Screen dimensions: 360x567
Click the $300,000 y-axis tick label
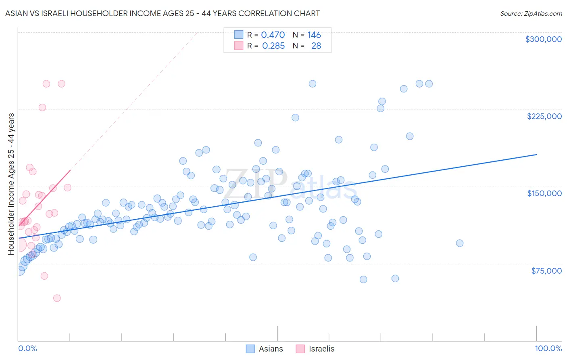coord(543,39)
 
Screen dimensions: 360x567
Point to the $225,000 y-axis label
coord(544,116)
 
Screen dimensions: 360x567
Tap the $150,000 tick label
coord(544,193)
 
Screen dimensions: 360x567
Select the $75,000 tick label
coord(546,271)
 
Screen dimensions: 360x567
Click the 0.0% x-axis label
coord(27,348)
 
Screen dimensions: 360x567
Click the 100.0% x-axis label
coord(548,348)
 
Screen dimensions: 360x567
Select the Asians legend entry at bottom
coord(265,349)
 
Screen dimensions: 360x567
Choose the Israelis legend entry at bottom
coord(315,349)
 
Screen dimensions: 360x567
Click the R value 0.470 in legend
coord(273,35)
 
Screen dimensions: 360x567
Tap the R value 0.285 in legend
coord(273,46)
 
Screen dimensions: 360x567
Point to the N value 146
coord(314,35)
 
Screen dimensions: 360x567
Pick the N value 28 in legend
coord(316,46)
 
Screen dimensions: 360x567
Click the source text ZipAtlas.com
coord(531,14)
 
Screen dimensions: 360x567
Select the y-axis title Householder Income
coord(11,184)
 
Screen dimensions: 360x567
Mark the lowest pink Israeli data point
coord(57,298)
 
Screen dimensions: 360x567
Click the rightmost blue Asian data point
coord(460,243)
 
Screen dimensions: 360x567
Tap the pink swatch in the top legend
coord(239,46)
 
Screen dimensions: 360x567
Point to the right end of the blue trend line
coord(536,155)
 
